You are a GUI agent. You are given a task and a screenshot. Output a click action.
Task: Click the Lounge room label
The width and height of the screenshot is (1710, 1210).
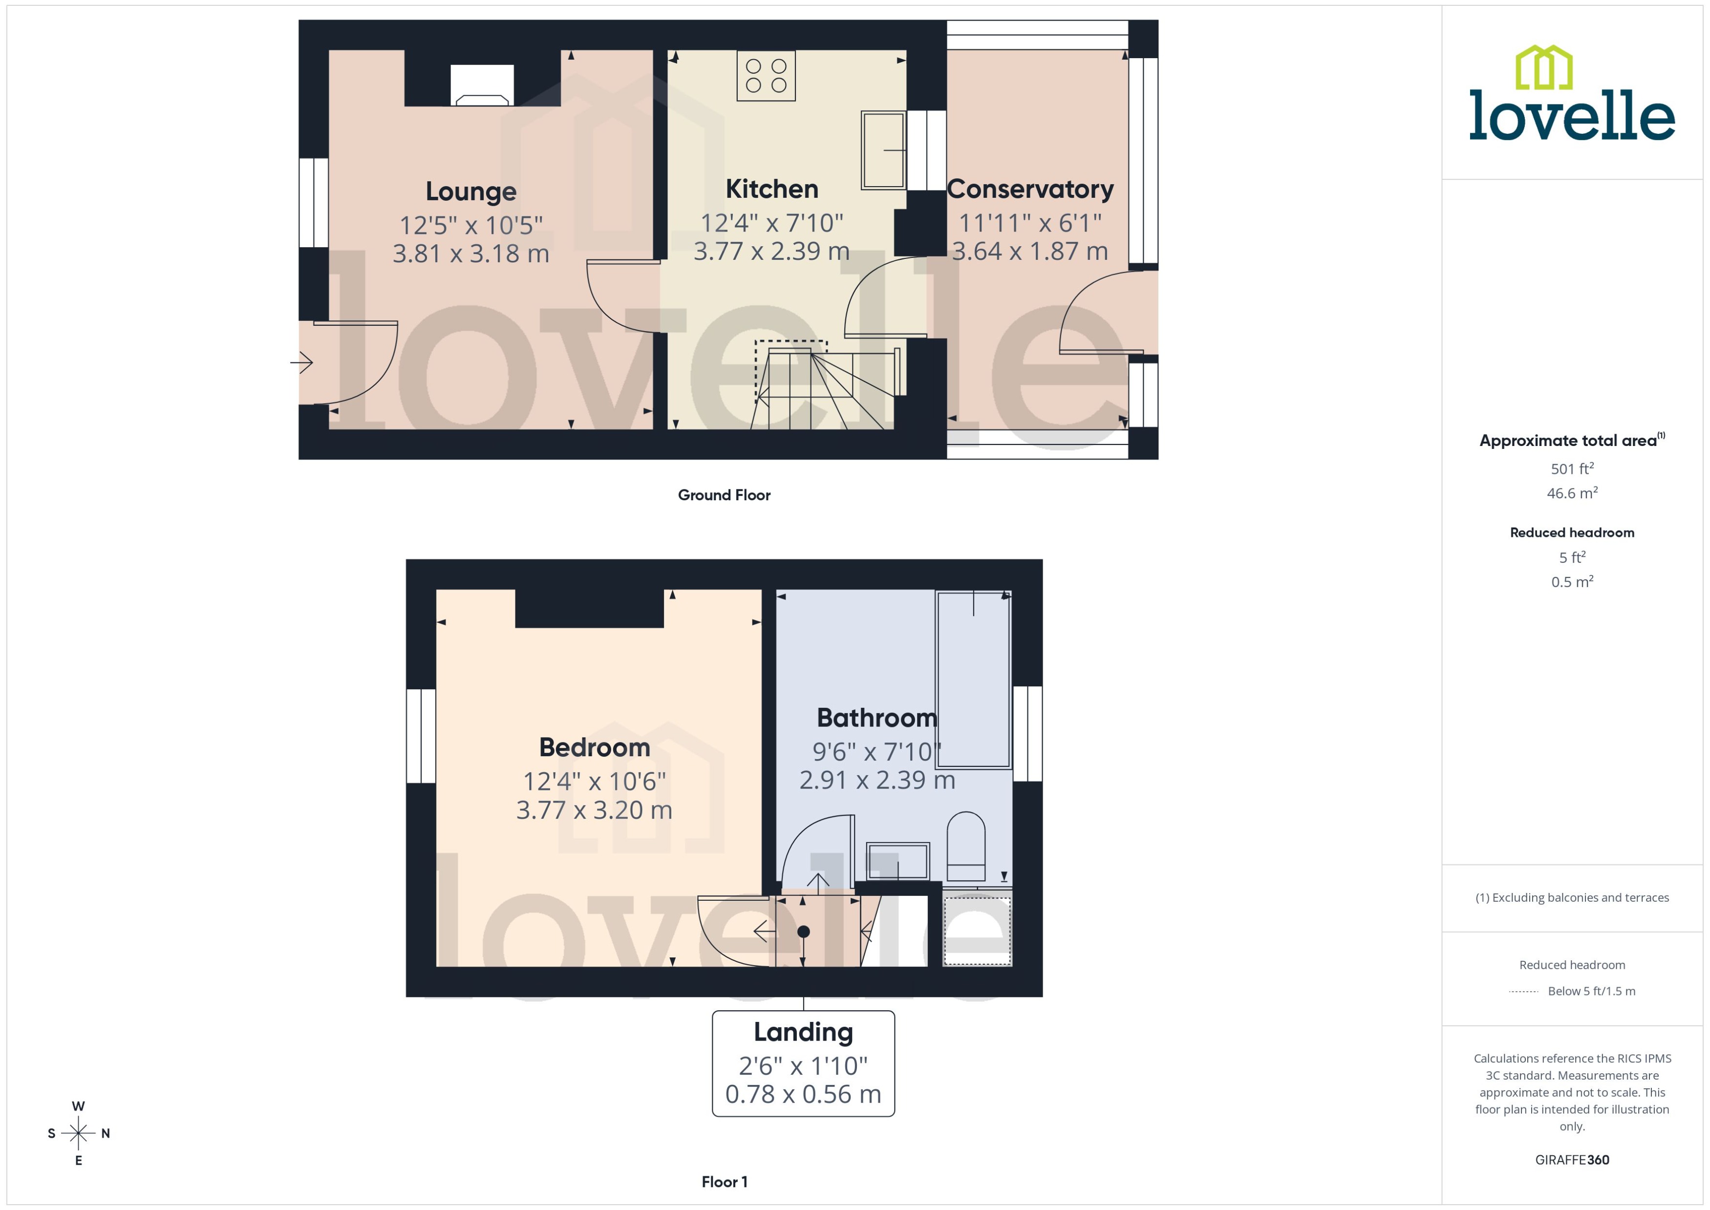pos(471,191)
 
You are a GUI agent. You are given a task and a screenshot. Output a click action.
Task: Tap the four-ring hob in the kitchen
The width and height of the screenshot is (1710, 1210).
pos(766,75)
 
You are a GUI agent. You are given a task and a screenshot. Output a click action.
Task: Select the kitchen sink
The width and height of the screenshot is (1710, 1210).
pos(883,150)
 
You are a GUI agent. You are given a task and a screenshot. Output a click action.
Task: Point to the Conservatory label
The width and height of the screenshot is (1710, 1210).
pos(1030,189)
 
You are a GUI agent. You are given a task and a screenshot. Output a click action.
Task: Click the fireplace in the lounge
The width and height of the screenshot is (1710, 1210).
pos(482,85)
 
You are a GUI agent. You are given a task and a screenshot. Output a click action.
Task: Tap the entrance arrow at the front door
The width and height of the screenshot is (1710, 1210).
pos(302,363)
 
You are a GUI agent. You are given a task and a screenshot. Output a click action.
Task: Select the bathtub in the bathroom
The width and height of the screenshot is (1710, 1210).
pos(973,679)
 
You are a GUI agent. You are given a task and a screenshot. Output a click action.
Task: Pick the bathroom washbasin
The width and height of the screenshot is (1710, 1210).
pos(898,861)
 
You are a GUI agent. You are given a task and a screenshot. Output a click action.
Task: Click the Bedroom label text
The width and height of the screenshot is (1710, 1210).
pos(595,747)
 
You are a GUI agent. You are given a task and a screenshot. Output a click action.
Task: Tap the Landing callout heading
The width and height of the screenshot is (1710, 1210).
pos(803,1032)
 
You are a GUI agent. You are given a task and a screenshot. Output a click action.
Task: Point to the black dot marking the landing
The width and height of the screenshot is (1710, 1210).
pos(803,932)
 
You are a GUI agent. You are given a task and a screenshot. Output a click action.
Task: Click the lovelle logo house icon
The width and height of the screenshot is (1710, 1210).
pos(1544,68)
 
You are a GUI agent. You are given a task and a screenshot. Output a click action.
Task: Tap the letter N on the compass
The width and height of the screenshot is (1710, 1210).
pos(106,1133)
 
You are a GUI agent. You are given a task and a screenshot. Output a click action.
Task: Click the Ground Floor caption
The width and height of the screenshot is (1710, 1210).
pos(724,495)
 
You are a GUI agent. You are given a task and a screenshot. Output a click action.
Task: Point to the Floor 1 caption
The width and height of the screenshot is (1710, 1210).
pos(724,1182)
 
